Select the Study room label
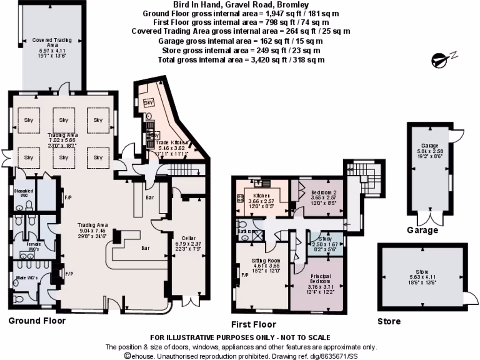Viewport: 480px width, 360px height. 325,239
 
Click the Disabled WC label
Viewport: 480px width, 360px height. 23,193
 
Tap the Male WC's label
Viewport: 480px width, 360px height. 26,278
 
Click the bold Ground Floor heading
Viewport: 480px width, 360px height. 37,321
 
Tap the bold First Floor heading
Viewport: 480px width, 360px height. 254,324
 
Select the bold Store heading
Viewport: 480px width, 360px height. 389,322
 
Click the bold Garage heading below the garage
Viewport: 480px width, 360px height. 422,230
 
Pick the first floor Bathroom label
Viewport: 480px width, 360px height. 247,232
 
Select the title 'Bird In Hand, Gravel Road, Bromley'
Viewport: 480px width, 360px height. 241,5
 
